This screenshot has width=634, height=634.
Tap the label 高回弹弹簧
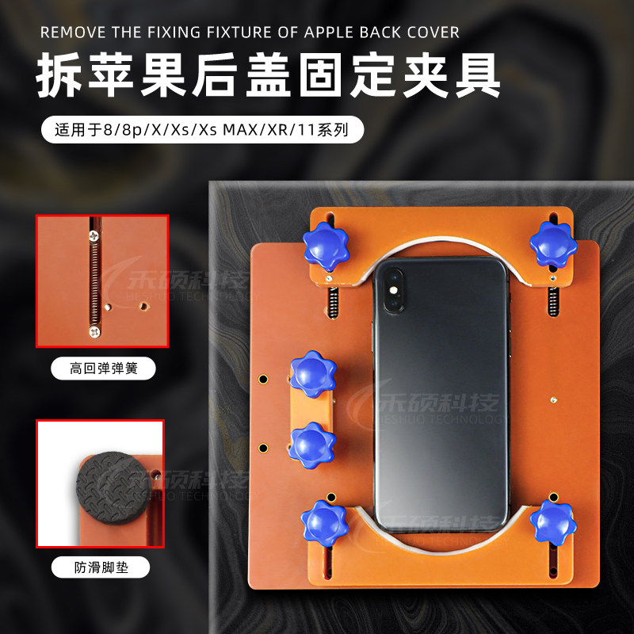pyautogui.click(x=102, y=369)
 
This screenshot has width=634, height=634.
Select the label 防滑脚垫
pyautogui.click(x=101, y=567)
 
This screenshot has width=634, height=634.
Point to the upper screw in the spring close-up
pyautogui.click(x=94, y=235)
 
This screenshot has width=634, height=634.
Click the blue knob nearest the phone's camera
pyautogui.click(x=325, y=244)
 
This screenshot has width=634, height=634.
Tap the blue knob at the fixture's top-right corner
pyautogui.click(x=552, y=243)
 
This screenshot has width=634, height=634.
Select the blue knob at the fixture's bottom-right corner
pyautogui.click(x=552, y=521)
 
